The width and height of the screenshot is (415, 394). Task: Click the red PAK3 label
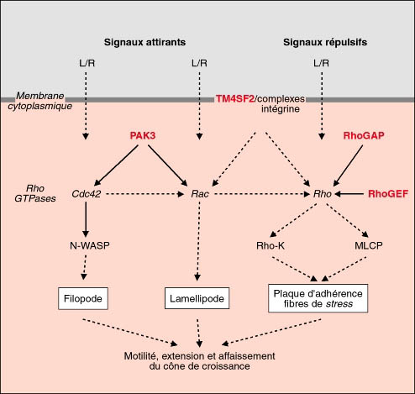[143, 136]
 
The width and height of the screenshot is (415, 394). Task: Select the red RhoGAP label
[364, 136]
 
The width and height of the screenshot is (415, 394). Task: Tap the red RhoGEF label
[388, 194]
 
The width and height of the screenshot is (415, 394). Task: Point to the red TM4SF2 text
[234, 99]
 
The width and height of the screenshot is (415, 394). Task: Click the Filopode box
[83, 298]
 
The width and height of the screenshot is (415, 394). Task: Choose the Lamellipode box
[197, 298]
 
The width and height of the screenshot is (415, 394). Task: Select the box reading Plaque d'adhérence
[318, 298]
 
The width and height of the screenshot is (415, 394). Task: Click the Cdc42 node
[87, 194]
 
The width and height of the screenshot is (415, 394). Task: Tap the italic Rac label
[200, 194]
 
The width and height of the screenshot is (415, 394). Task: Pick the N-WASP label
[90, 245]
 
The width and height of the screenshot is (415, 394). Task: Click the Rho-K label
[271, 245]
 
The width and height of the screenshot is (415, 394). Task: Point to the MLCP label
[369, 245]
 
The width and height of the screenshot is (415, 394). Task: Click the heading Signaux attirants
[144, 42]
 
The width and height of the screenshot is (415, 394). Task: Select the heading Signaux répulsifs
[325, 42]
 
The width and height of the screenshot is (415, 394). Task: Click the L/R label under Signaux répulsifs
[321, 63]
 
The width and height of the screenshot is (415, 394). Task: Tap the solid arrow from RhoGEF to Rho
[349, 194]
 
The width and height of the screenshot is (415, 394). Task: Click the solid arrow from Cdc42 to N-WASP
[86, 220]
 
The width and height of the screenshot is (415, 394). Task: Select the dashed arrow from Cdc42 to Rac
[145, 194]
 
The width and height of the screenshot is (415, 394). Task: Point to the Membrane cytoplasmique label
[40, 101]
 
